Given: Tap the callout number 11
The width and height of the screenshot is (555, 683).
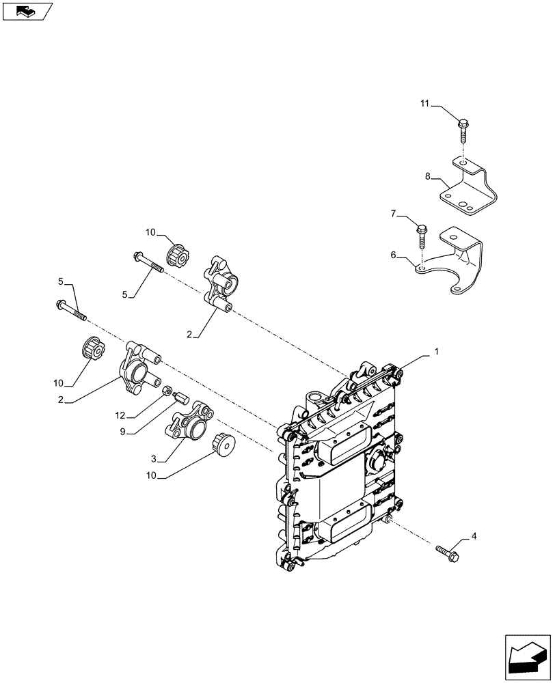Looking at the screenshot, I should click(x=424, y=104).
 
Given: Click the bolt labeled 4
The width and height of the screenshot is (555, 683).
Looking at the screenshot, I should click(x=446, y=548).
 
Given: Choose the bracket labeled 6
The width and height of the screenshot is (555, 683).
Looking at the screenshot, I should click(x=455, y=263).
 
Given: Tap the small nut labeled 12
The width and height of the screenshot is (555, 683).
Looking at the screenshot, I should click(x=167, y=390).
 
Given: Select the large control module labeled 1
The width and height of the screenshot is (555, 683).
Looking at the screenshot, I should click(x=338, y=471).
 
